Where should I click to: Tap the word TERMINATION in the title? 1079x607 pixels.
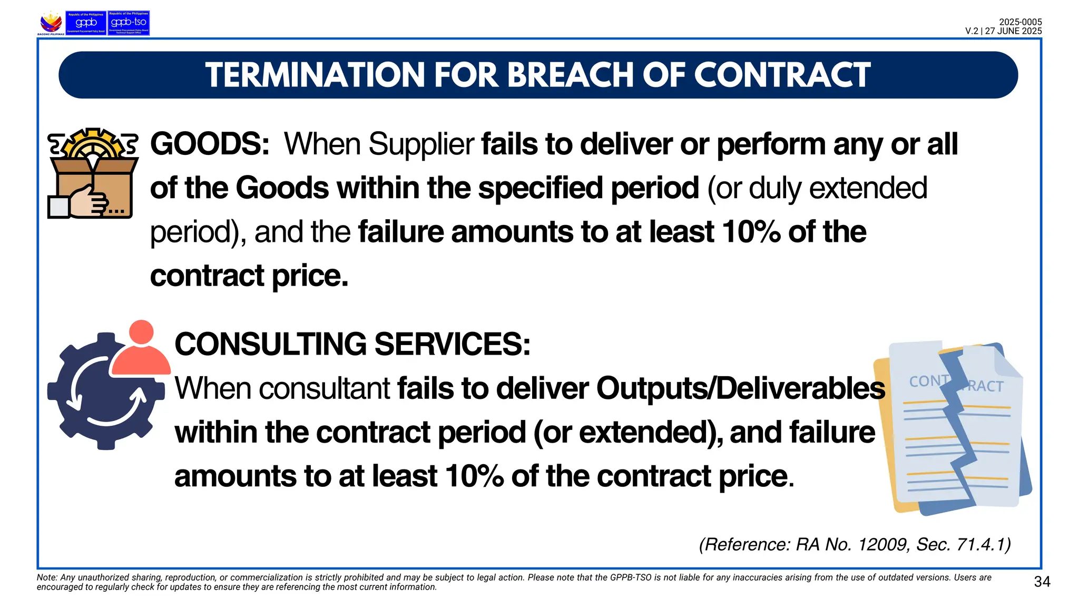click(x=315, y=75)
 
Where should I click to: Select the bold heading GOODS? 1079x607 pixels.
click(x=210, y=144)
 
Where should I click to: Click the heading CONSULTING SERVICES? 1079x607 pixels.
click(x=352, y=344)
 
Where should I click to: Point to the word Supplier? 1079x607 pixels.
click(x=422, y=144)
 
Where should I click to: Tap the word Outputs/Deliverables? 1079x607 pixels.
click(x=740, y=388)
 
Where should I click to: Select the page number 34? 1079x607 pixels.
click(x=1042, y=582)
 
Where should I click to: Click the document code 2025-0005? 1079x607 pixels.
click(x=1020, y=22)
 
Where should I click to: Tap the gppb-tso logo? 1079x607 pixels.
click(x=129, y=23)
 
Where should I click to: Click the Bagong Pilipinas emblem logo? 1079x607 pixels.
click(x=51, y=23)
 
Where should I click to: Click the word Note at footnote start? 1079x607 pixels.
click(x=46, y=577)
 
